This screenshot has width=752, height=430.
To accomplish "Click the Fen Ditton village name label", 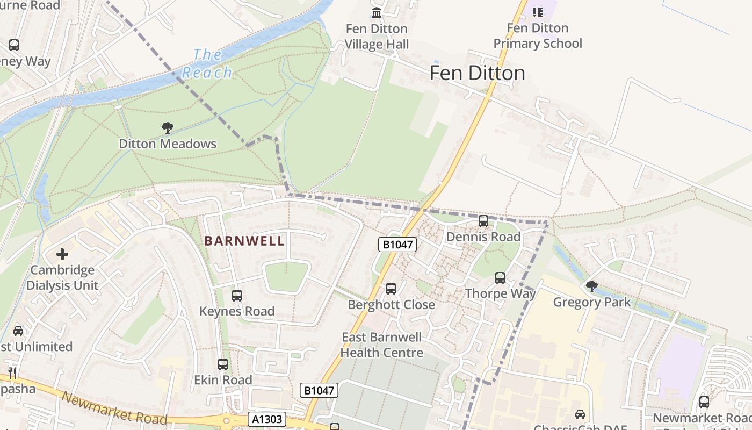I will coord(477,73).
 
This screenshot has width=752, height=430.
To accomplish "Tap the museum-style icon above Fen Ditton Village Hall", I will coord(377,12).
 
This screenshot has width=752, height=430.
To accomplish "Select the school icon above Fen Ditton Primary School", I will coord(537,12).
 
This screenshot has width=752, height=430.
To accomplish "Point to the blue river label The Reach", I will coord(207,63).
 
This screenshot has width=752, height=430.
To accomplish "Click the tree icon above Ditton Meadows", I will coord(168,128).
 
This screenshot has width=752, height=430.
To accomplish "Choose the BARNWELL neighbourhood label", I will coord(244,241).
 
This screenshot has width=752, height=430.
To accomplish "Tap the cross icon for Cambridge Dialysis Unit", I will coord(62,254).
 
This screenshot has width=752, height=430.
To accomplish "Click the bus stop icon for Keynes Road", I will coord(237,296).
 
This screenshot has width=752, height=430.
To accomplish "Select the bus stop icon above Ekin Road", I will coord(223,364).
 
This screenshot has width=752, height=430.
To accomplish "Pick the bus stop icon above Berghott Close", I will coord(391,289).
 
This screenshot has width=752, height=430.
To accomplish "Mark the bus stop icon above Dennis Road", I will coord(483,221).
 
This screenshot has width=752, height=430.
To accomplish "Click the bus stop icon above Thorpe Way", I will coord(500,278).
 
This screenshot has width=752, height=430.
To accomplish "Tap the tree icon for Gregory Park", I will coord(591,286).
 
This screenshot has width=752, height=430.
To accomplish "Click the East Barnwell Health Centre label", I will coord(382,345).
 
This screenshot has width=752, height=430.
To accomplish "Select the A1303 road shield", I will coord(267,419).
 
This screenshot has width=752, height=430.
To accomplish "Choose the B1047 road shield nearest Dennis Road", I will coord(397,245).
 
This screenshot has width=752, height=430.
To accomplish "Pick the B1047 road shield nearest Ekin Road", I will coord(319,391).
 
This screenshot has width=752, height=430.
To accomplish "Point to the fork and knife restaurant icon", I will coord(12,372).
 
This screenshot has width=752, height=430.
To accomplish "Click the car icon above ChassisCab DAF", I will coord(580,414).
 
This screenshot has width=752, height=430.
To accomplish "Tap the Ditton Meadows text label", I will coord(168,144).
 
